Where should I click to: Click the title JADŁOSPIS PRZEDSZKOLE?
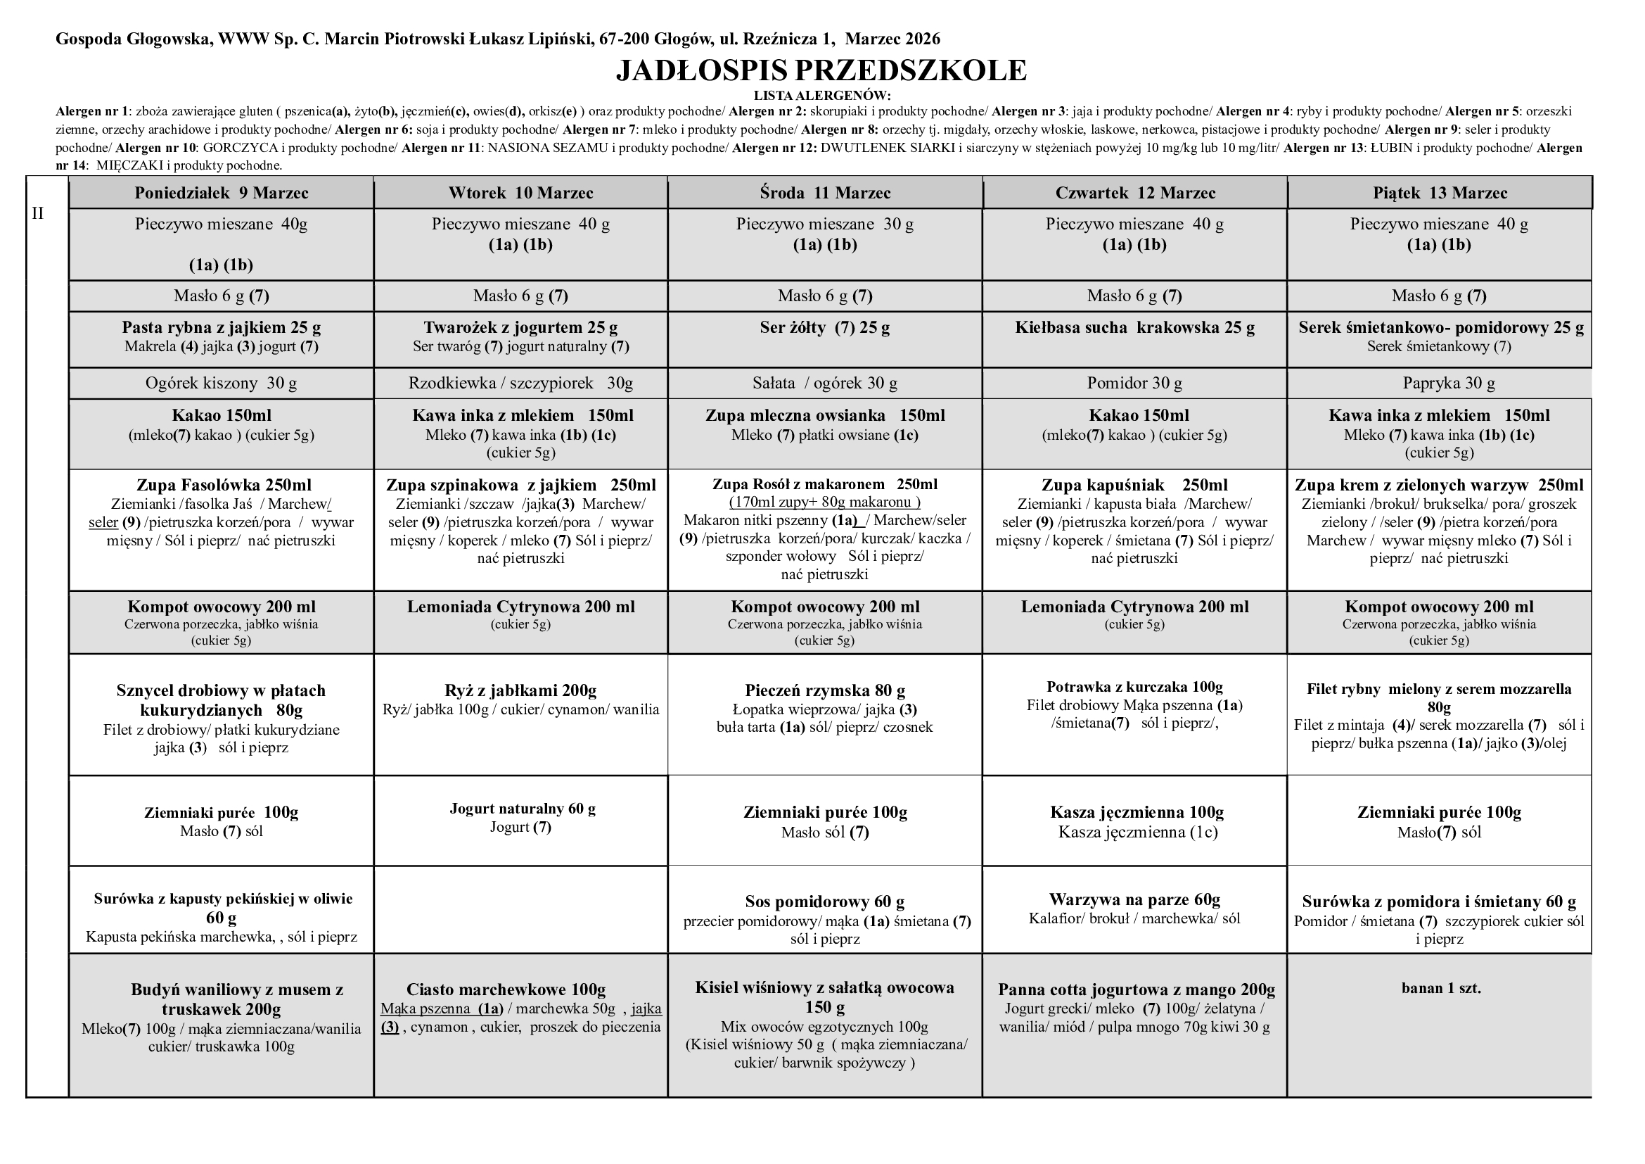click(x=821, y=70)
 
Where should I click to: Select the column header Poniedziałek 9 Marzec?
click(x=222, y=193)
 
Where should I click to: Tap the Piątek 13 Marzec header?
click(x=1440, y=193)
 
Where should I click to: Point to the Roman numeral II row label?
click(x=38, y=214)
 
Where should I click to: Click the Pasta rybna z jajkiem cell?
click(x=222, y=328)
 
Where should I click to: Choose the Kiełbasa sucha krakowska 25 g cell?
click(x=1135, y=328)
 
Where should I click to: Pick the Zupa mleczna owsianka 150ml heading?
click(x=825, y=416)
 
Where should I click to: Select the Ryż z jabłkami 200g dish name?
click(x=520, y=691)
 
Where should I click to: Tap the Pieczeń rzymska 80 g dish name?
click(x=825, y=691)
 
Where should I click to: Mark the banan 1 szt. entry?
click(x=1441, y=988)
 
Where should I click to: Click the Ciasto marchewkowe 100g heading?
click(x=506, y=990)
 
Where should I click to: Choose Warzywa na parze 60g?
click(x=1135, y=899)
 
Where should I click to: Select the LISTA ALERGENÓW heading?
click(x=821, y=95)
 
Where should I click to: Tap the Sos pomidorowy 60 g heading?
click(x=825, y=902)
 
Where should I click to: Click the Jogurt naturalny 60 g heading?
click(x=523, y=809)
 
